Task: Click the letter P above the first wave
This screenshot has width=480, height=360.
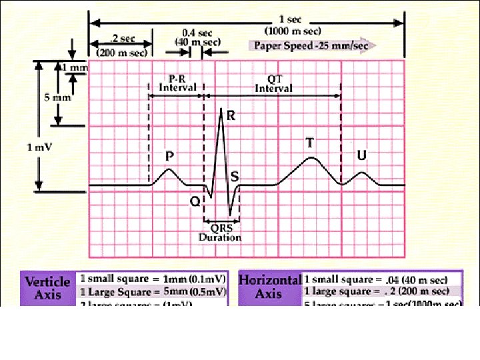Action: click(170, 157)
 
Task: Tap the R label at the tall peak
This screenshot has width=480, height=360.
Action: click(231, 115)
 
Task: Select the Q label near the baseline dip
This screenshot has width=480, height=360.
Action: click(195, 201)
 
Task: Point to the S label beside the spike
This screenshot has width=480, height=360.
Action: click(235, 177)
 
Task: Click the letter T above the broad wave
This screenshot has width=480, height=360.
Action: click(309, 143)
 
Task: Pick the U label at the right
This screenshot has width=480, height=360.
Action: click(362, 155)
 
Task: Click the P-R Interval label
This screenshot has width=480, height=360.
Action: click(177, 83)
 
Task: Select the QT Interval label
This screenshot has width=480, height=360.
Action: click(274, 83)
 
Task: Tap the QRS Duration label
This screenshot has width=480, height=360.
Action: click(219, 233)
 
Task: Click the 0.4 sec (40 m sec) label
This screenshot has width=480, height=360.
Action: click(201, 37)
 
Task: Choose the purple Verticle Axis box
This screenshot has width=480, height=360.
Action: click(47, 287)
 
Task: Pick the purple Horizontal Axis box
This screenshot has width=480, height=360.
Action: click(269, 287)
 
